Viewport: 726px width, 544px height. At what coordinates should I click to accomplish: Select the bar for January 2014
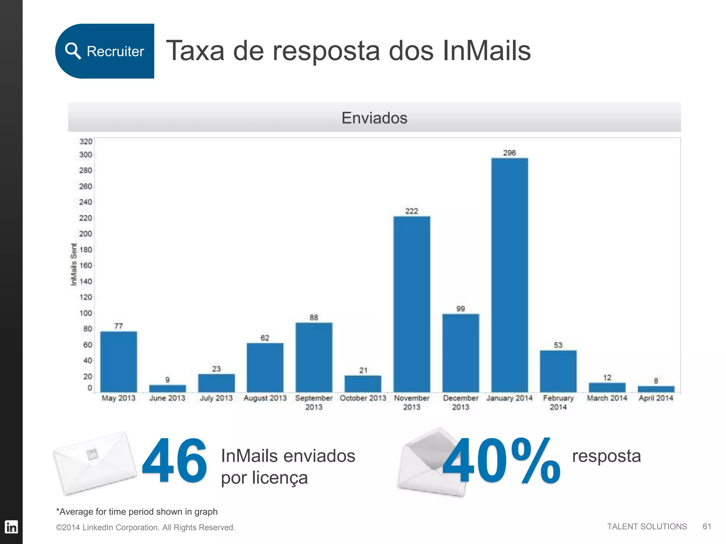[x=509, y=274]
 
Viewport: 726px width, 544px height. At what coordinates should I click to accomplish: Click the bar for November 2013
[x=412, y=304]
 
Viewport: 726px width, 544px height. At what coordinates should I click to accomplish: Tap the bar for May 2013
[x=118, y=361]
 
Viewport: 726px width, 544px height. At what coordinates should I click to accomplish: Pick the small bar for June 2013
[x=167, y=388]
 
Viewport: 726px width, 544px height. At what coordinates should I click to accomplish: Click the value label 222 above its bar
[x=412, y=211]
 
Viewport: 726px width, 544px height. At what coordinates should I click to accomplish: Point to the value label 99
[x=460, y=309]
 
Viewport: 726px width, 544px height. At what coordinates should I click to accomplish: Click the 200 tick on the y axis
[x=85, y=234]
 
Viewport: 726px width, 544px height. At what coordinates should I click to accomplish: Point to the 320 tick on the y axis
[x=85, y=142]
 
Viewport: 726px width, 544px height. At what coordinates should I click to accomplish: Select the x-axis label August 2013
[x=265, y=398]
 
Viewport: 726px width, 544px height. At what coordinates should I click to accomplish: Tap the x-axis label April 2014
[x=656, y=398]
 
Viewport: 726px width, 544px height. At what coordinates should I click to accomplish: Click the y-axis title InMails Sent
[x=73, y=264]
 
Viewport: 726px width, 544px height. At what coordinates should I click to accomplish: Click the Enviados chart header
[x=374, y=118]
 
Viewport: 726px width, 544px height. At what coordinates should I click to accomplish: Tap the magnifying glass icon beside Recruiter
[x=73, y=51]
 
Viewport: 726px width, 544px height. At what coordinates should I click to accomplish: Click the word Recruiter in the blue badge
[x=115, y=51]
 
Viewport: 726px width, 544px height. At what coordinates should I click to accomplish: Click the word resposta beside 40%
[x=606, y=456]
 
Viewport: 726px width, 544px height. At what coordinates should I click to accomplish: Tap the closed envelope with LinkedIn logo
[x=95, y=463]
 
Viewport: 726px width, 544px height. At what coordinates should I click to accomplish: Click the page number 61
[x=707, y=526]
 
